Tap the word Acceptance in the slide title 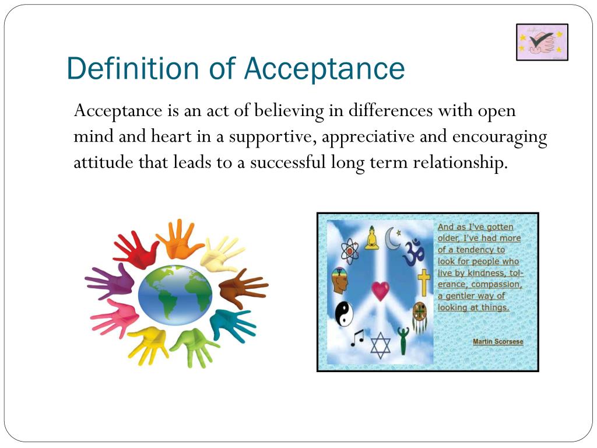coord(324,68)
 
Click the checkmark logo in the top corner coord(542,42)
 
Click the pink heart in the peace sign coord(380,290)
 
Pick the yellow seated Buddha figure coord(371,239)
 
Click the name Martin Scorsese coord(497,341)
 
